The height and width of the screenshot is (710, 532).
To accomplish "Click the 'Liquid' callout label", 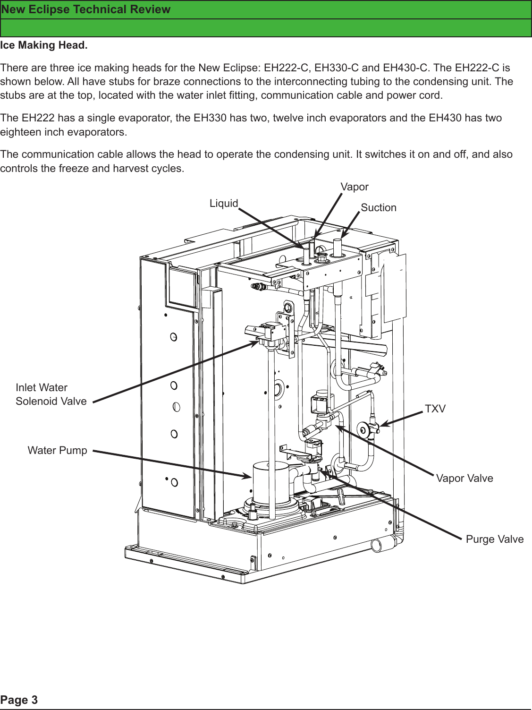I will [x=224, y=203].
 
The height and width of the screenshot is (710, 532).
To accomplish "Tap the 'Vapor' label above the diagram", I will [x=355, y=187].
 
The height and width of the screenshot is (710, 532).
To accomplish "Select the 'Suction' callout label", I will [x=379, y=207].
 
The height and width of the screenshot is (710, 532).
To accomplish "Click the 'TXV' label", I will [x=435, y=409].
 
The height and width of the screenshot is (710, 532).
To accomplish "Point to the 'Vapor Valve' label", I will [x=464, y=478].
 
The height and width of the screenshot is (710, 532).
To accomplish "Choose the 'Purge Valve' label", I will [x=495, y=539].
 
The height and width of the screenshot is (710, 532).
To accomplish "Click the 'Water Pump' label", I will [x=57, y=450].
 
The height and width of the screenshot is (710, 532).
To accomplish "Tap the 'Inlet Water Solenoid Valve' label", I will [x=51, y=394].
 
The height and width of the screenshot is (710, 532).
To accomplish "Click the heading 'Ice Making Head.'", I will [x=44, y=45].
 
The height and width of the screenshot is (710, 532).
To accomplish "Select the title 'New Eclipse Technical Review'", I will [x=85, y=9].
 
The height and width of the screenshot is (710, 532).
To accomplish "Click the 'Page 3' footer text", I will [x=19, y=700].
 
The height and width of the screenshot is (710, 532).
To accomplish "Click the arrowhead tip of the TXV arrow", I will [x=381, y=426].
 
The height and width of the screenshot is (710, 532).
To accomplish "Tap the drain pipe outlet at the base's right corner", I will [x=377, y=545].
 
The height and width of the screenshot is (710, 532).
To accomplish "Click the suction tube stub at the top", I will [x=338, y=246].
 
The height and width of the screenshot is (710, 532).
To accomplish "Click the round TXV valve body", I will [x=364, y=429].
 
